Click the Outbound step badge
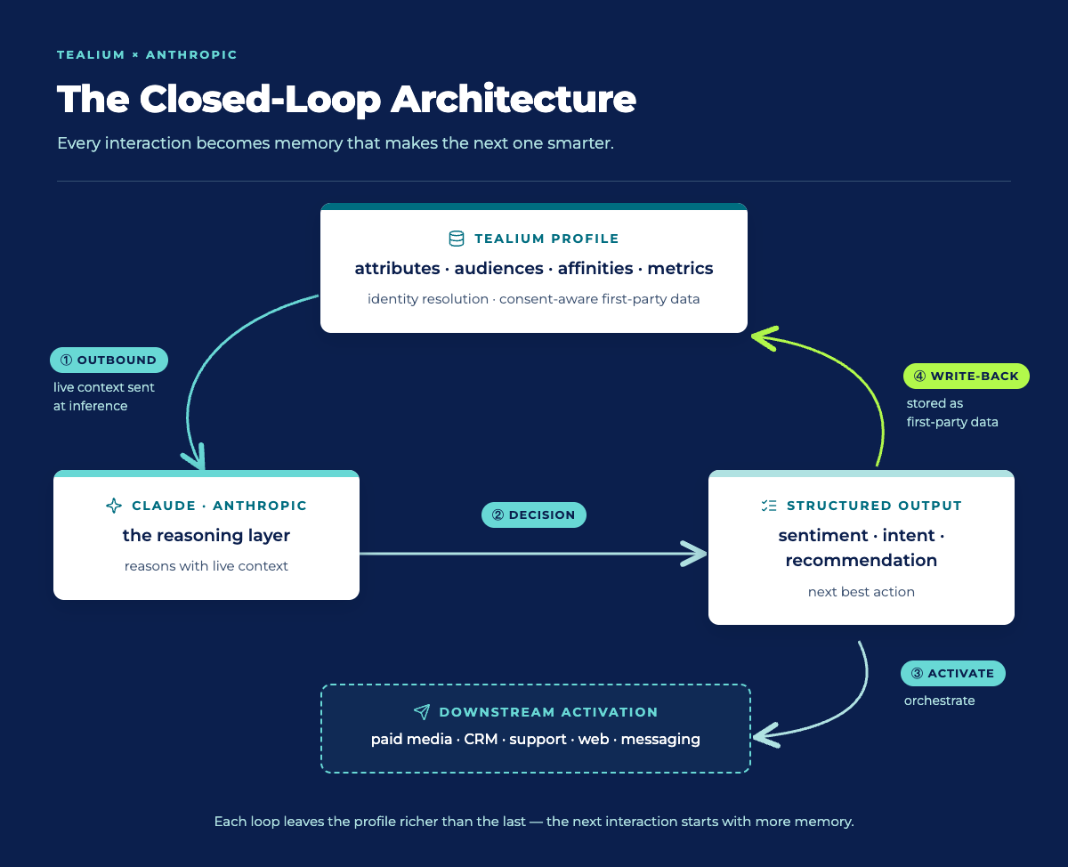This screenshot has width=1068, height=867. [109, 360]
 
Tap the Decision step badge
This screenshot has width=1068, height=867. [533, 515]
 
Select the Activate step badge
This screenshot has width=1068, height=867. [952, 673]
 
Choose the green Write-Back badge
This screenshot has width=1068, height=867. [967, 376]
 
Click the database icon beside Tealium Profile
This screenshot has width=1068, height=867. [457, 239]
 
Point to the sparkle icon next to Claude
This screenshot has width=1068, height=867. [114, 506]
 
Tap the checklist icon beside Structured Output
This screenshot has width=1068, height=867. [769, 506]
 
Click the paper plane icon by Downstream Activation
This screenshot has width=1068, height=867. [422, 711]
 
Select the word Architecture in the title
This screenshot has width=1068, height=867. [514, 100]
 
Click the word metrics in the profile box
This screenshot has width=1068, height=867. [680, 268]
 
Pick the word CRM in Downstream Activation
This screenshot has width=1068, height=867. [481, 739]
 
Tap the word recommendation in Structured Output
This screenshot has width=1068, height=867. [861, 560]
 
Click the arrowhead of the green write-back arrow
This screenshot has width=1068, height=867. [762, 338]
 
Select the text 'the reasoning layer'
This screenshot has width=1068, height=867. [206, 536]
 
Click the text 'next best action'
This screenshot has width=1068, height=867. [861, 592]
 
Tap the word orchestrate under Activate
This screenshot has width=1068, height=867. [939, 701]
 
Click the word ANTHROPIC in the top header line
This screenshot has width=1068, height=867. [191, 54]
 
